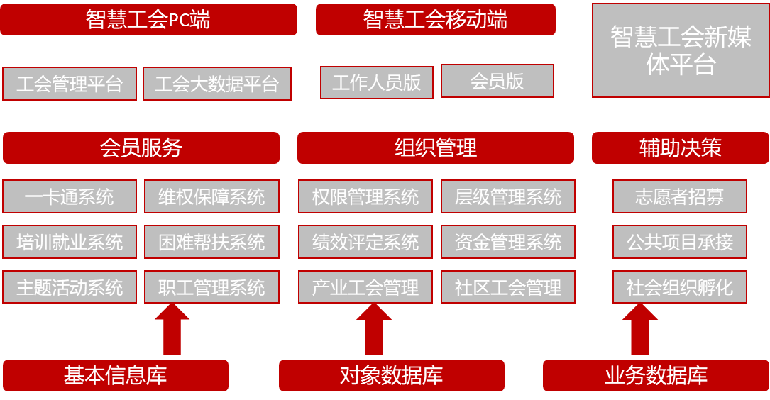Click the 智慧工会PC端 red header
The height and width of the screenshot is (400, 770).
[148, 19]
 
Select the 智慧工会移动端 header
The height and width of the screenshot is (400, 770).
[435, 19]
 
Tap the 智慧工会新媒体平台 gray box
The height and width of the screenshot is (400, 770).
[680, 50]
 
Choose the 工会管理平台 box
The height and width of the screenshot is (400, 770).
[70, 84]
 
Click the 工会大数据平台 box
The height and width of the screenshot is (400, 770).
[216, 84]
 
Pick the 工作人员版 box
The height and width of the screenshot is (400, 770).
[376, 82]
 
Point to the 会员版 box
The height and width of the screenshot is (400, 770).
[497, 81]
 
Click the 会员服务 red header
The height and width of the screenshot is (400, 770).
[141, 148]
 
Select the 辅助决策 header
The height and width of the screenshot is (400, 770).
[680, 148]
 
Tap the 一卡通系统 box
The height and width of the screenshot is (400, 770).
[69, 196]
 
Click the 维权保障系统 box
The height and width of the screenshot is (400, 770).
[211, 196]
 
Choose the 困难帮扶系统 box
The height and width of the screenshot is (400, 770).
[211, 242]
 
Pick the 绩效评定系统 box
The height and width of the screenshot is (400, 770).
[365, 242]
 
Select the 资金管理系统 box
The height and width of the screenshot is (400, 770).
[507, 242]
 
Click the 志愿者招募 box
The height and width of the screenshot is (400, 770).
[680, 196]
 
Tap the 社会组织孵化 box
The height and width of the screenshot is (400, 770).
[680, 287]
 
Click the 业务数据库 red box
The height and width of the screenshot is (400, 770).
[656, 375]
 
